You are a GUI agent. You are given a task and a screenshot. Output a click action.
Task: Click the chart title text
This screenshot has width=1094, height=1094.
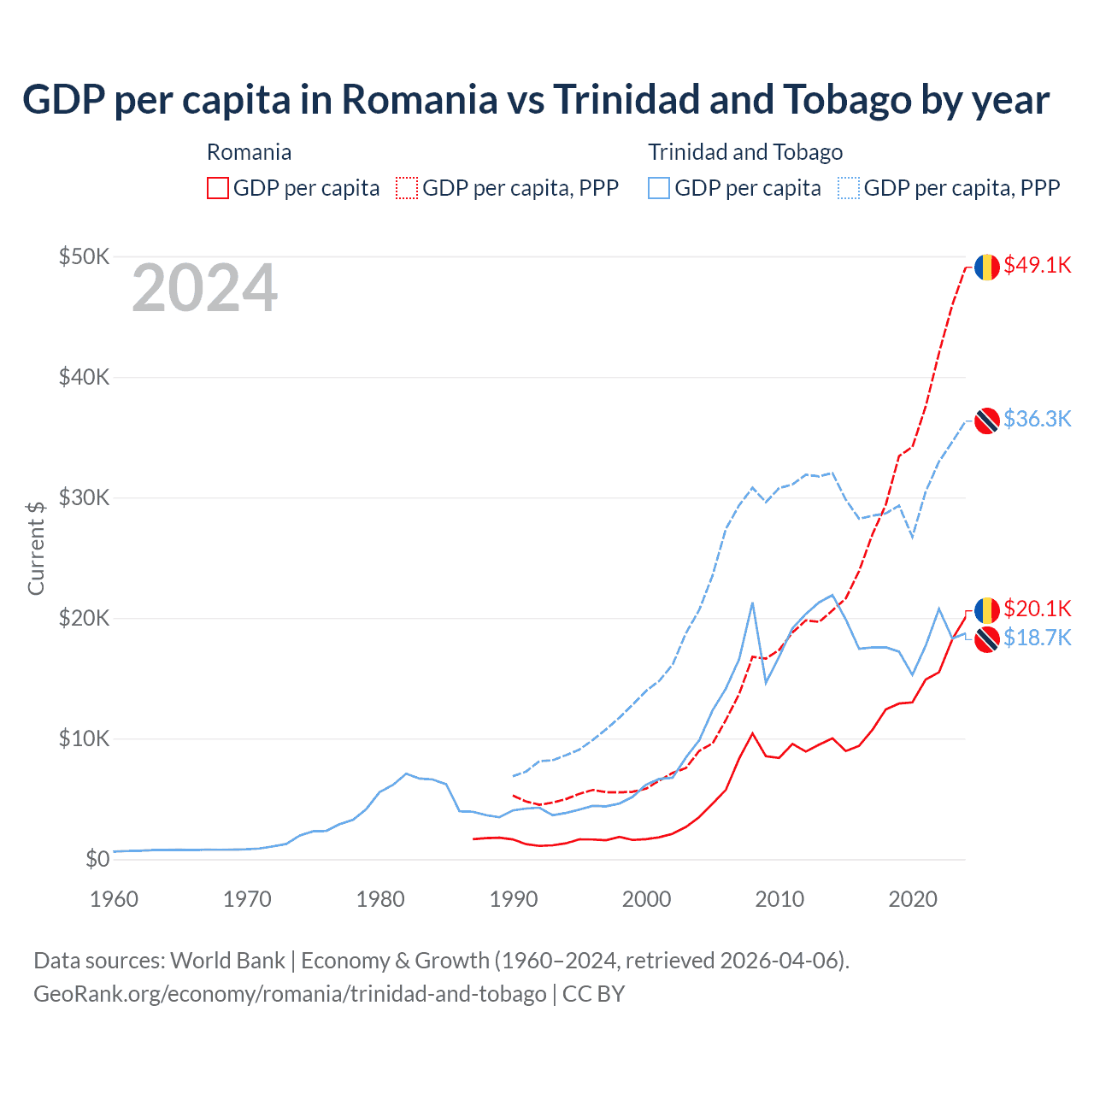coord(536,99)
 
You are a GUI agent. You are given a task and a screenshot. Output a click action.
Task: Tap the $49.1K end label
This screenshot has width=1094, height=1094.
coord(1037,265)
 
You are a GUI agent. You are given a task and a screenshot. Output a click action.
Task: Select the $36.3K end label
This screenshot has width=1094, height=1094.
coord(1037,419)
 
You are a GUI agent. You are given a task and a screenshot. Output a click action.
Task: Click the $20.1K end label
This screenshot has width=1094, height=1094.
coord(1037,609)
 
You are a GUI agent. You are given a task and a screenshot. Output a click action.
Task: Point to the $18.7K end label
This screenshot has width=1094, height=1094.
coord(1037,638)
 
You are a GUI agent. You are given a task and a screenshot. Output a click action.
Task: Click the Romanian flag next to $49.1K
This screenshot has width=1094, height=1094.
coord(987,267)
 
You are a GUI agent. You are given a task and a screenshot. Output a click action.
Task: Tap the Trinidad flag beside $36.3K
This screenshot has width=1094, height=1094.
coord(987,421)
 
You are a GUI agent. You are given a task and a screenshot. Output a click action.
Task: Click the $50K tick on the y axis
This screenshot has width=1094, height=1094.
coord(84,256)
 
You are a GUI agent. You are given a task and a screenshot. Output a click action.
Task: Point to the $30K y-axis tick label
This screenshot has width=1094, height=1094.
coord(84,497)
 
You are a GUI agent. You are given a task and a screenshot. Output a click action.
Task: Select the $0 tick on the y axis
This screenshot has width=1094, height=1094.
coord(97,859)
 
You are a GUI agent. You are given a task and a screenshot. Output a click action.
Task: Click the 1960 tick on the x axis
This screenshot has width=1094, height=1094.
coord(114,899)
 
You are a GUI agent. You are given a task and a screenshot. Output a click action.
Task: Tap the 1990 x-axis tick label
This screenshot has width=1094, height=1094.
coord(513,899)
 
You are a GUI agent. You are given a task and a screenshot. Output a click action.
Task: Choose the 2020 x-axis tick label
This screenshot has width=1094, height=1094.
coord(912,899)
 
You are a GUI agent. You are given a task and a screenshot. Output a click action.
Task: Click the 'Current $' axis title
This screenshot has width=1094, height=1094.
coord(36,548)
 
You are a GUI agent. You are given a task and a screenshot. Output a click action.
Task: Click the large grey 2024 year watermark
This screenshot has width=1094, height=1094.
coord(204,289)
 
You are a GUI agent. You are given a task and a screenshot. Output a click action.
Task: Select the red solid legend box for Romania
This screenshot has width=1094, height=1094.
coord(218,188)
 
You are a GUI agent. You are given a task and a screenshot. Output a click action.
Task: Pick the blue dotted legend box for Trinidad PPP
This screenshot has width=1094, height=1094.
coord(849,188)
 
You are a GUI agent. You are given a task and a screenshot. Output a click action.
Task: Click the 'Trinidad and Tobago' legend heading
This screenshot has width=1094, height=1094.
coord(745,152)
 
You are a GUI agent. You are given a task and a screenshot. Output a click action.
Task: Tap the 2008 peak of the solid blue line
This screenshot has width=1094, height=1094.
coord(752,603)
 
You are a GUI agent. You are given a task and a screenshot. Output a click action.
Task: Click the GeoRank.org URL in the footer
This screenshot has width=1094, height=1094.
coord(290,994)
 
